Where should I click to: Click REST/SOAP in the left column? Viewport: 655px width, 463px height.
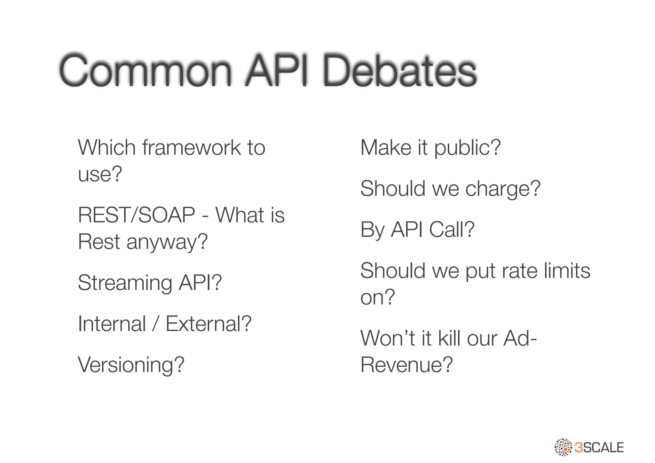point(136,215)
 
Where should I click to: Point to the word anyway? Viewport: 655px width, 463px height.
point(167,242)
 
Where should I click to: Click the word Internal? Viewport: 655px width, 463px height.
point(112,324)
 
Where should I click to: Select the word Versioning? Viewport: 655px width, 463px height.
point(131,365)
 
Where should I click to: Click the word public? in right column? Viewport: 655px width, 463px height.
point(467,148)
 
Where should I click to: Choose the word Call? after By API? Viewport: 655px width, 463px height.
point(452,229)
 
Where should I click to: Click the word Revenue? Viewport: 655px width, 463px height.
point(406,365)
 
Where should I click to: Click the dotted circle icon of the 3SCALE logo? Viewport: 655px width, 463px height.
point(563,447)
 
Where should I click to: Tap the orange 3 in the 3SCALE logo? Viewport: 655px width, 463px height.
point(579,447)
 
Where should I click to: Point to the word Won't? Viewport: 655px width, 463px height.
point(388,338)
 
